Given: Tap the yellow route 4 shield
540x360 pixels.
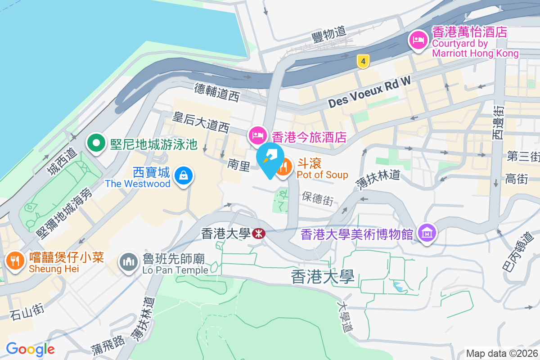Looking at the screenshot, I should [x=362, y=61].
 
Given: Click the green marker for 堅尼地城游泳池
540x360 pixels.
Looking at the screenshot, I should [x=96, y=144].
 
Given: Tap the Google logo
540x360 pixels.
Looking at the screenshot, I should [x=30, y=349].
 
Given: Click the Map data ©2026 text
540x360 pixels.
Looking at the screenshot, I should [x=502, y=354].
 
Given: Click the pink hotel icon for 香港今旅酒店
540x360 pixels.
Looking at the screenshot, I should [x=256, y=134].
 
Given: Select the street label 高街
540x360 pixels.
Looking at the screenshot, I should [x=516, y=179].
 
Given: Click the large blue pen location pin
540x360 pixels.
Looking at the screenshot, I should [x=270, y=159].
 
